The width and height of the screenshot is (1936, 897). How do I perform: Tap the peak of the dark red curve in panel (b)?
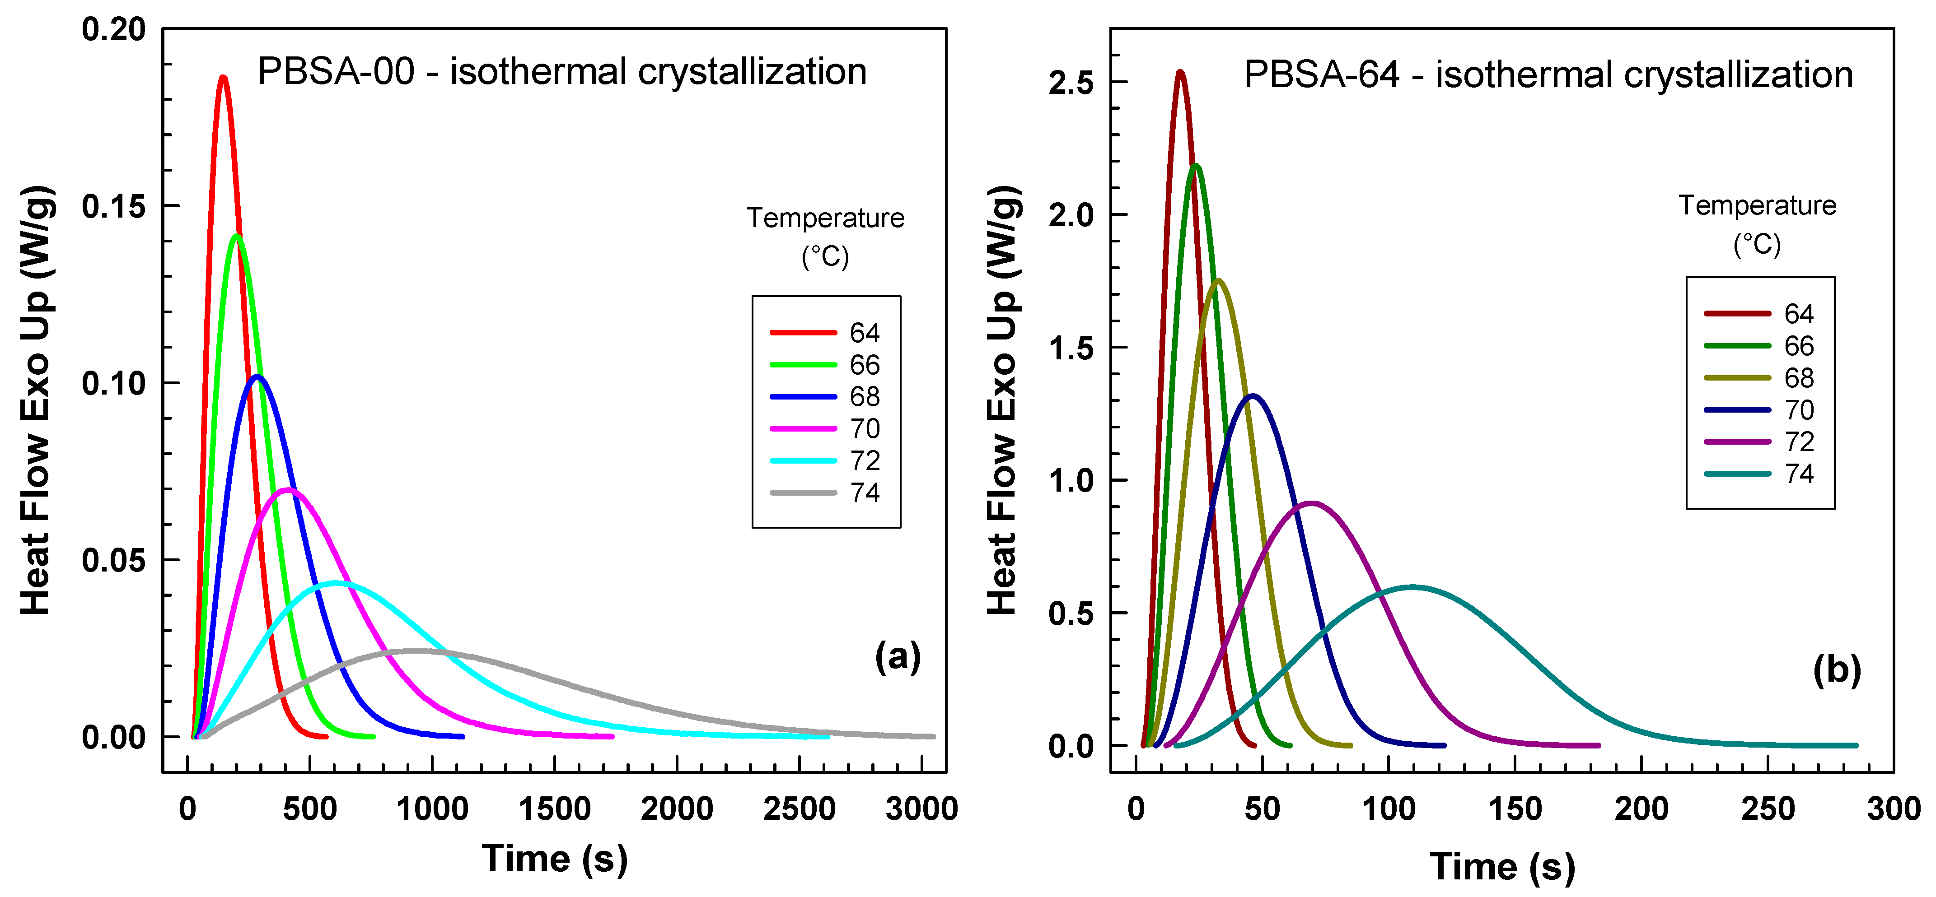tap(1180, 72)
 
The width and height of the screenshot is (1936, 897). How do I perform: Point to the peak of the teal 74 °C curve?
tap(1413, 587)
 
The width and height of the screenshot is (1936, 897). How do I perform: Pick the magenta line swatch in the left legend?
tap(803, 428)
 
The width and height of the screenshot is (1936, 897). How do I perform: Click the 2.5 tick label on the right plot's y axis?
tap(1071, 83)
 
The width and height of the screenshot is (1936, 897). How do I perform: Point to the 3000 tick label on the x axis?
tap(921, 809)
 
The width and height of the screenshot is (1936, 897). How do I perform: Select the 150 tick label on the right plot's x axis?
tap(1515, 809)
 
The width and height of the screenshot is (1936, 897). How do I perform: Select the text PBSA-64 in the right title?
tap(1321, 74)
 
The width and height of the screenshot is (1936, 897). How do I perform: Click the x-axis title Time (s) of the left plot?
tap(555, 859)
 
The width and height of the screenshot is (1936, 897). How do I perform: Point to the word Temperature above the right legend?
tap(1757, 205)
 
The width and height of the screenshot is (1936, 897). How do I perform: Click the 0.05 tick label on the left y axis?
tap(113, 560)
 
